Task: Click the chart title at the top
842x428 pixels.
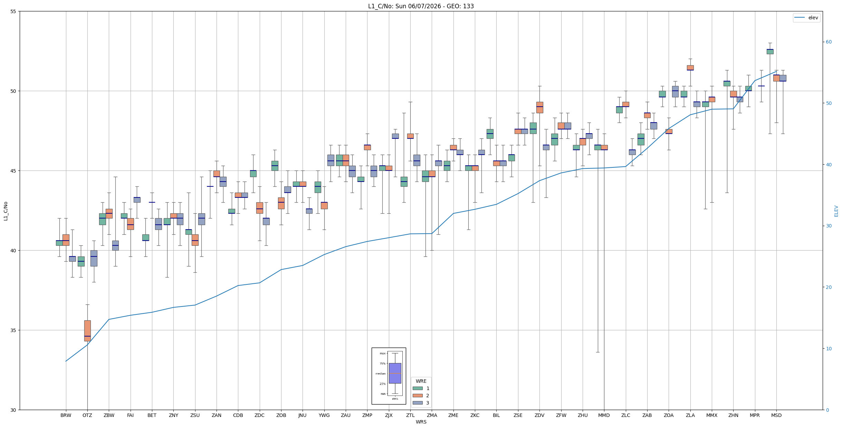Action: (x=421, y=6)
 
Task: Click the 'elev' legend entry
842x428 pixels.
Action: (x=806, y=18)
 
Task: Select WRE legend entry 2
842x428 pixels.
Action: (x=421, y=396)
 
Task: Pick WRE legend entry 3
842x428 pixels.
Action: (x=421, y=403)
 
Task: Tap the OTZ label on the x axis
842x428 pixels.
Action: (x=87, y=415)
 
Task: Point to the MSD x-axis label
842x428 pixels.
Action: (x=776, y=415)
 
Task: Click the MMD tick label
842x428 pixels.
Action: (x=604, y=415)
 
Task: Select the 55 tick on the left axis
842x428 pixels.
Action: (x=13, y=11)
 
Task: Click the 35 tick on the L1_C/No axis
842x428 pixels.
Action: (x=13, y=330)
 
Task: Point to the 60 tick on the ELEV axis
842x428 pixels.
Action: (x=829, y=42)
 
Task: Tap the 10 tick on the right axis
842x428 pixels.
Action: (x=829, y=349)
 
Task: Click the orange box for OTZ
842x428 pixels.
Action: (x=87, y=331)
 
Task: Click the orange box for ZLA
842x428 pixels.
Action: (x=690, y=68)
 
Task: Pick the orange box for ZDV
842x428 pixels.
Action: (x=539, y=107)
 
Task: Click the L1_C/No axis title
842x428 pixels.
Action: (x=6, y=211)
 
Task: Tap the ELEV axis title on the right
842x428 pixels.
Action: (x=836, y=211)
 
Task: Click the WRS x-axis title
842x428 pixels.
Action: (x=421, y=422)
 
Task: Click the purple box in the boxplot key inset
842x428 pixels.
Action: (x=395, y=373)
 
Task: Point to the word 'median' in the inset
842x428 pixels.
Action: (x=381, y=373)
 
